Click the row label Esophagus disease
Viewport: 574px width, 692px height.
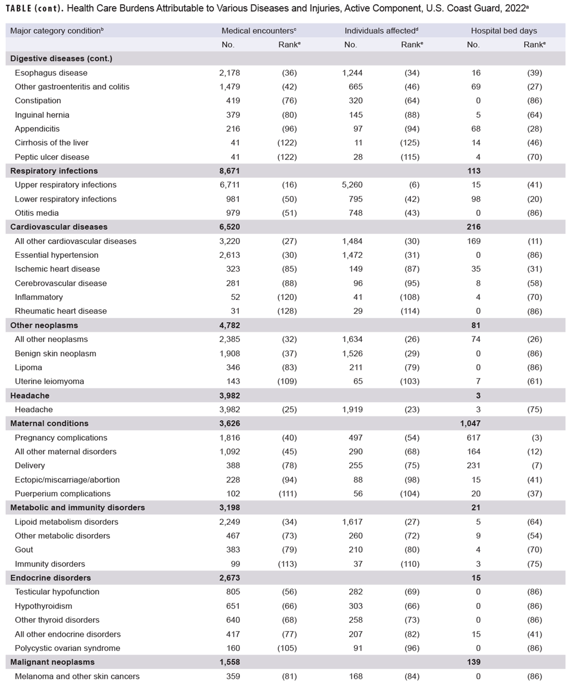pos(51,73)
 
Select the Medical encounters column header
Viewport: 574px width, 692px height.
pos(259,31)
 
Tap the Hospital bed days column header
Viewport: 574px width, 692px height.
pos(503,31)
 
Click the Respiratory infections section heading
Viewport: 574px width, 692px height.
pos(54,171)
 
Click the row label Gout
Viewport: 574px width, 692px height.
pos(24,549)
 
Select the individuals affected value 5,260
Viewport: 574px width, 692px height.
pos(352,185)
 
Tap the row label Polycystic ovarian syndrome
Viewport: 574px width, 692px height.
pos(67,648)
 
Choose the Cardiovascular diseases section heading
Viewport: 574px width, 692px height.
pos(58,227)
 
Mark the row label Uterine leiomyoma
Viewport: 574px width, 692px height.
pos(49,381)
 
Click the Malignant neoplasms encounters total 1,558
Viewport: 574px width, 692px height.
pos(230,662)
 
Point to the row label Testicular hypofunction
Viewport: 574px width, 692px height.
pos(57,592)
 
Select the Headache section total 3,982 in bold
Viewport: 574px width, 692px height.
pos(230,395)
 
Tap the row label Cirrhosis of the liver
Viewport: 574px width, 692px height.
pos(51,143)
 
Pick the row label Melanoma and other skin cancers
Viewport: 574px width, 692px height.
pos(77,676)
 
